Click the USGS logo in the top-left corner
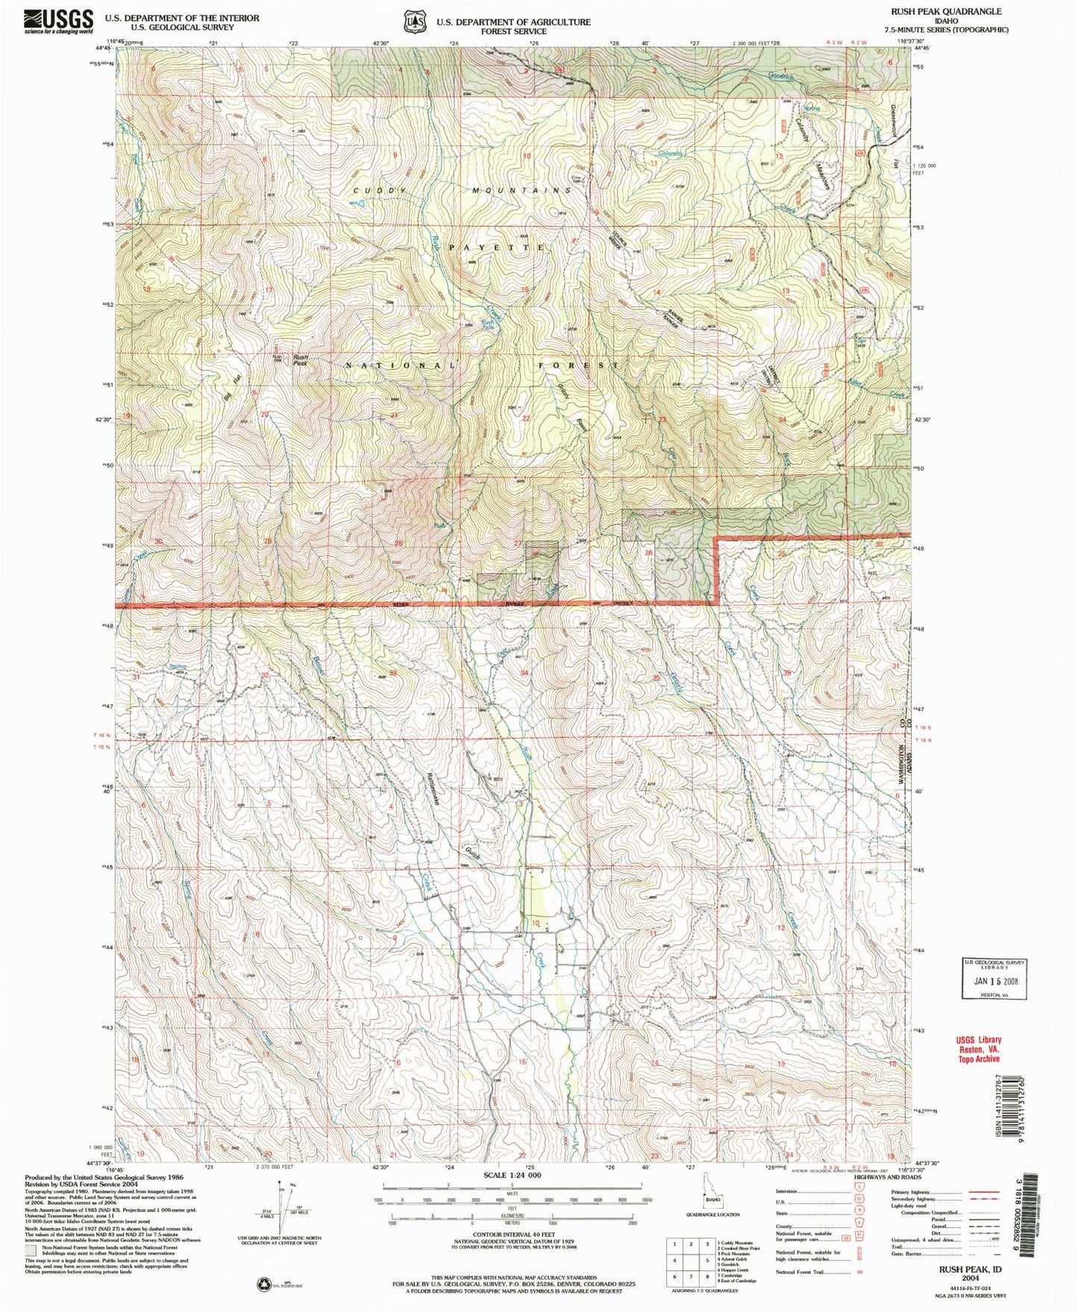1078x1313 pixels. (59, 20)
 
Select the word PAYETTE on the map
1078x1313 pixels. (496, 246)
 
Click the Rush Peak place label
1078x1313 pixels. (301, 360)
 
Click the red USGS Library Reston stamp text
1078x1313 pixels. (978, 1049)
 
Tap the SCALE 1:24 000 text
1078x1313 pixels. (512, 1196)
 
